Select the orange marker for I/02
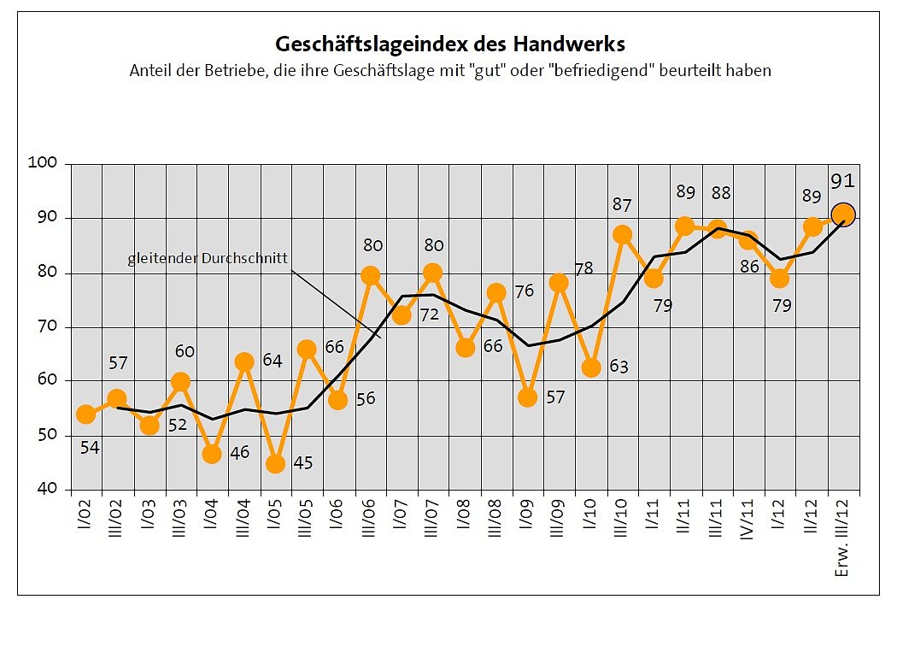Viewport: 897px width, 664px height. pos(85,414)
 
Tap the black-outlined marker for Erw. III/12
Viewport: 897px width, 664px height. pos(843,214)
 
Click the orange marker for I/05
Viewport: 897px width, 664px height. pos(275,464)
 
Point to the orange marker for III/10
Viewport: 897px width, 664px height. pos(622,234)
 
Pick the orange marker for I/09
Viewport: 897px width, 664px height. pos(527,397)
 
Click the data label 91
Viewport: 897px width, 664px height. pos(843,180)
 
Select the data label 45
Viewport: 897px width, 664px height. pos(302,463)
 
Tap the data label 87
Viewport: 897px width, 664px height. pos(622,205)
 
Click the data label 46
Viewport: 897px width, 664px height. pos(239,452)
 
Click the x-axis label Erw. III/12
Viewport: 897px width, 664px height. pos(844,538)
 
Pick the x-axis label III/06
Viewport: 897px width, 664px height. pos(371,522)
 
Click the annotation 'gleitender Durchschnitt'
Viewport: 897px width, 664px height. pos(208,258)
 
